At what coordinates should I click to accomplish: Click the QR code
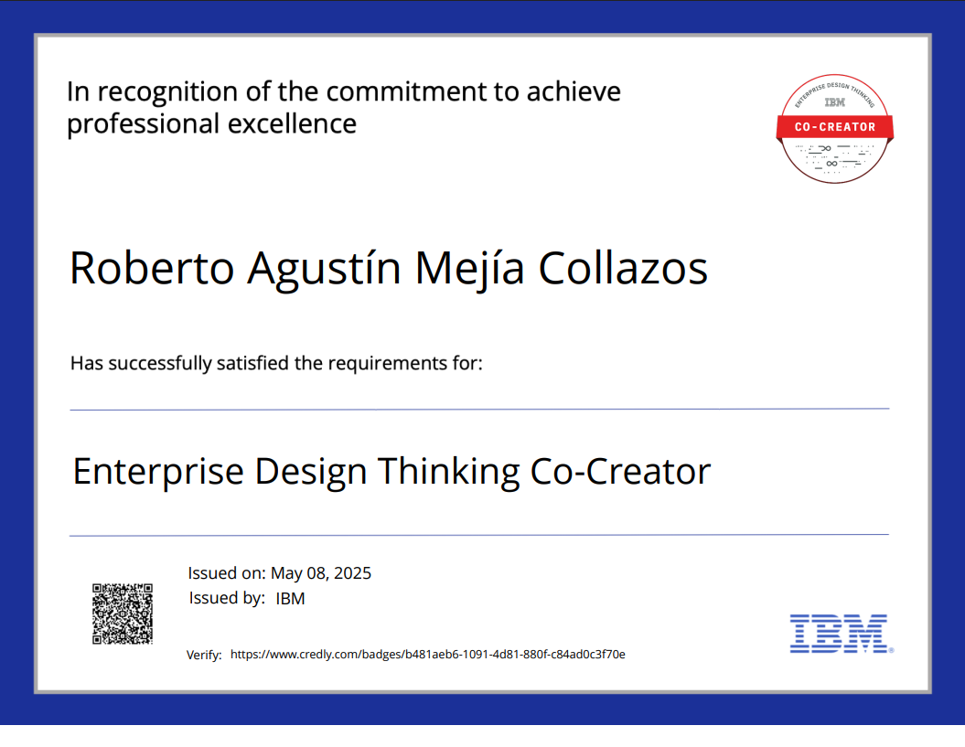(123, 614)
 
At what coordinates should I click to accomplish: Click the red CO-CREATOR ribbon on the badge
(834, 127)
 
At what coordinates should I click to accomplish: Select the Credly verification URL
(428, 654)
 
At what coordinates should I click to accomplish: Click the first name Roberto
(152, 268)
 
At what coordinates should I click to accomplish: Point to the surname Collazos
(623, 268)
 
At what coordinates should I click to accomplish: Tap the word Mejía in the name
(469, 270)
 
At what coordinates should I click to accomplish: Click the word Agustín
(325, 270)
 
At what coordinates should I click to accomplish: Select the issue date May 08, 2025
(321, 573)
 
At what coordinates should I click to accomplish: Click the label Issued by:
(227, 598)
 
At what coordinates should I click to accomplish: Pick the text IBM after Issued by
(290, 599)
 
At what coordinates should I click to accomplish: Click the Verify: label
(204, 655)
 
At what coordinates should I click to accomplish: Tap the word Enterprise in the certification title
(158, 473)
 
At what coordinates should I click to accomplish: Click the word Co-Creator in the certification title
(620, 472)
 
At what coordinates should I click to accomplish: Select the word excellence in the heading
(292, 123)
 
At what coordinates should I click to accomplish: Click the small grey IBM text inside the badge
(834, 102)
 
